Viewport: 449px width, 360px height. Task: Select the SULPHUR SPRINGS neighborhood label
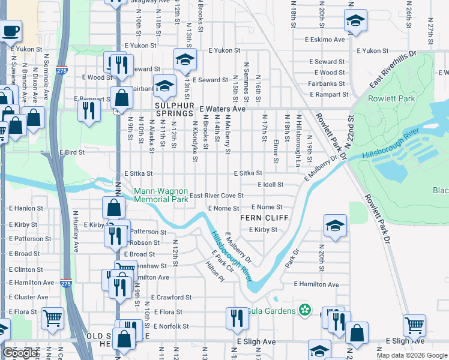[177, 109]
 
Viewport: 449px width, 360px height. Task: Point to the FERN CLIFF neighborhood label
[261, 218]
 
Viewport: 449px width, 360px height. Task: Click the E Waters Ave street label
[223, 109]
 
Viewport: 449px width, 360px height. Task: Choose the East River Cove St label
[216, 196]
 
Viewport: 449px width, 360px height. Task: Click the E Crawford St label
[171, 297]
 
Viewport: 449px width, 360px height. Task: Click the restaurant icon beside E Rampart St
[88, 110]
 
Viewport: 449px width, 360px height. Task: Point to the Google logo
[20, 353]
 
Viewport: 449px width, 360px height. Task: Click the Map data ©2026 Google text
[411, 355]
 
